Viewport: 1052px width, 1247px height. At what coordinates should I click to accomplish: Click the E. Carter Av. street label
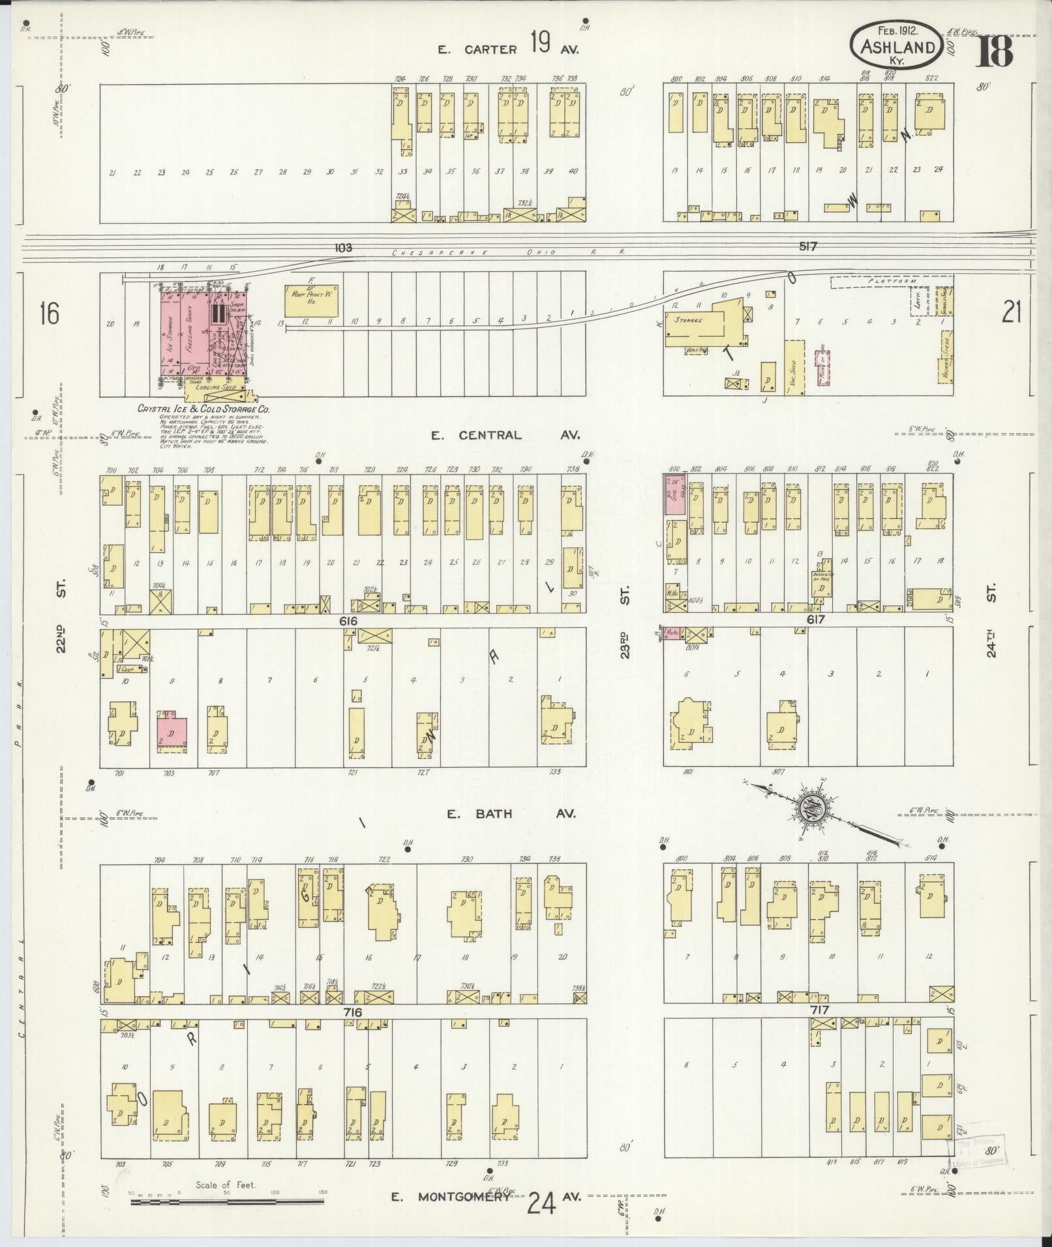(509, 48)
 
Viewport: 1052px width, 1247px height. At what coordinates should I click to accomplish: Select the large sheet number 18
(994, 51)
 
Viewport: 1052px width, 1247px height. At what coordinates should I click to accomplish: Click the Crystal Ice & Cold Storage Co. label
(203, 409)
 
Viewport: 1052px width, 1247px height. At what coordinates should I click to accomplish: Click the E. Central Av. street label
(505, 435)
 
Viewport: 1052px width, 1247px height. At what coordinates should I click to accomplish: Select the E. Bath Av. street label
(511, 814)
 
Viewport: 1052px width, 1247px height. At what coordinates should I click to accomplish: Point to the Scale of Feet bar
(226, 1201)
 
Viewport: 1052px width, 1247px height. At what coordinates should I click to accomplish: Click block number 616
(348, 621)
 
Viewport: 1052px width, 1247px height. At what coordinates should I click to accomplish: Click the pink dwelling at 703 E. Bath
(172, 732)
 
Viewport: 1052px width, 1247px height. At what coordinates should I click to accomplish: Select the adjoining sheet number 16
(49, 313)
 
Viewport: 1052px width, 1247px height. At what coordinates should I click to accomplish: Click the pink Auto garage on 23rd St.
(672, 632)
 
